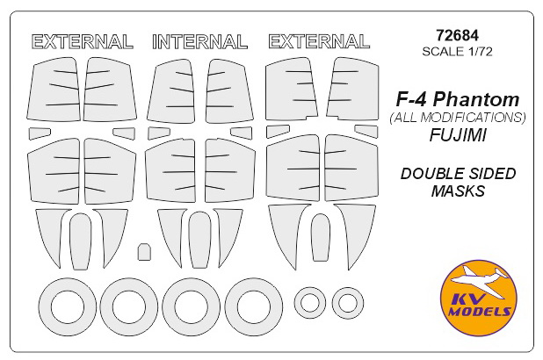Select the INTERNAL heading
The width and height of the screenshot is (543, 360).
199,41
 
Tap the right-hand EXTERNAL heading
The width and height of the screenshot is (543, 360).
318,41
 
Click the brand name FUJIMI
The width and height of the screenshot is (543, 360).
452,137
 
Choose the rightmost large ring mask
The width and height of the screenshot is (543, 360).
252,306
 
